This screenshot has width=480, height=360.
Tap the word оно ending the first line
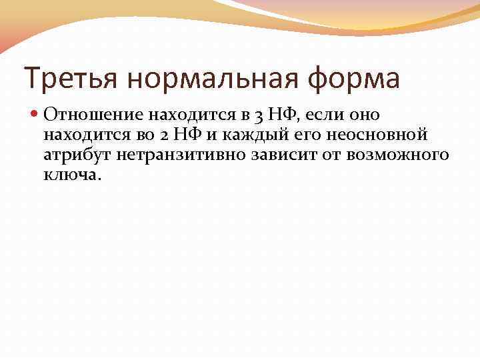pyautogui.click(x=365, y=115)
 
